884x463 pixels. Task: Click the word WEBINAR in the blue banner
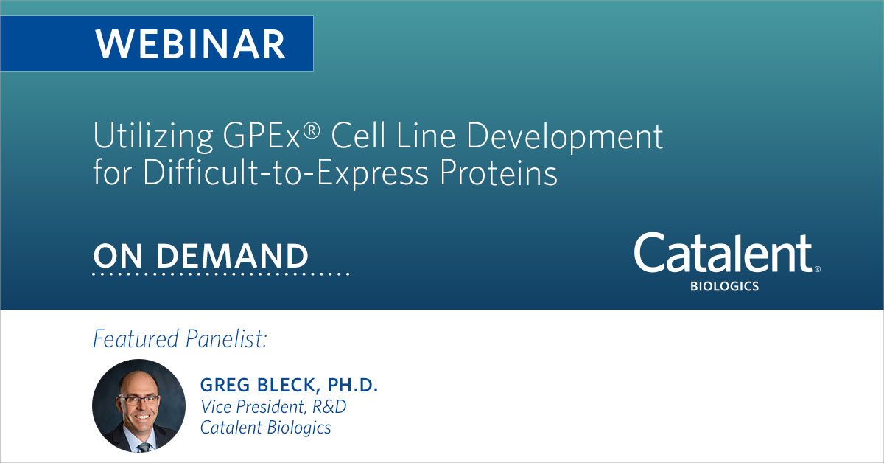[x=190, y=43]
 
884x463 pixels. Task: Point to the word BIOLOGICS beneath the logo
[x=723, y=286]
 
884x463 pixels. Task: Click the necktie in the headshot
[x=144, y=446]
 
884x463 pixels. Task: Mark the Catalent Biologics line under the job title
[x=265, y=427]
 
